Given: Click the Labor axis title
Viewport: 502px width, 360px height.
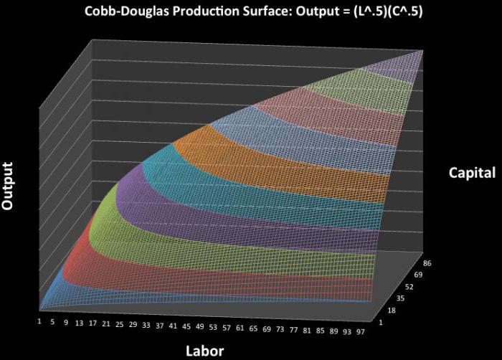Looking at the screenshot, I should tap(204, 350).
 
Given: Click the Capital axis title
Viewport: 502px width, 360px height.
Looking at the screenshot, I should tap(472, 172).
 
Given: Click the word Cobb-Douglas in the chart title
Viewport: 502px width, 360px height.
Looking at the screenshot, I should tap(121, 11).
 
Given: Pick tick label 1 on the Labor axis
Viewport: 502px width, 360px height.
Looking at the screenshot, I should tap(39, 321).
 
